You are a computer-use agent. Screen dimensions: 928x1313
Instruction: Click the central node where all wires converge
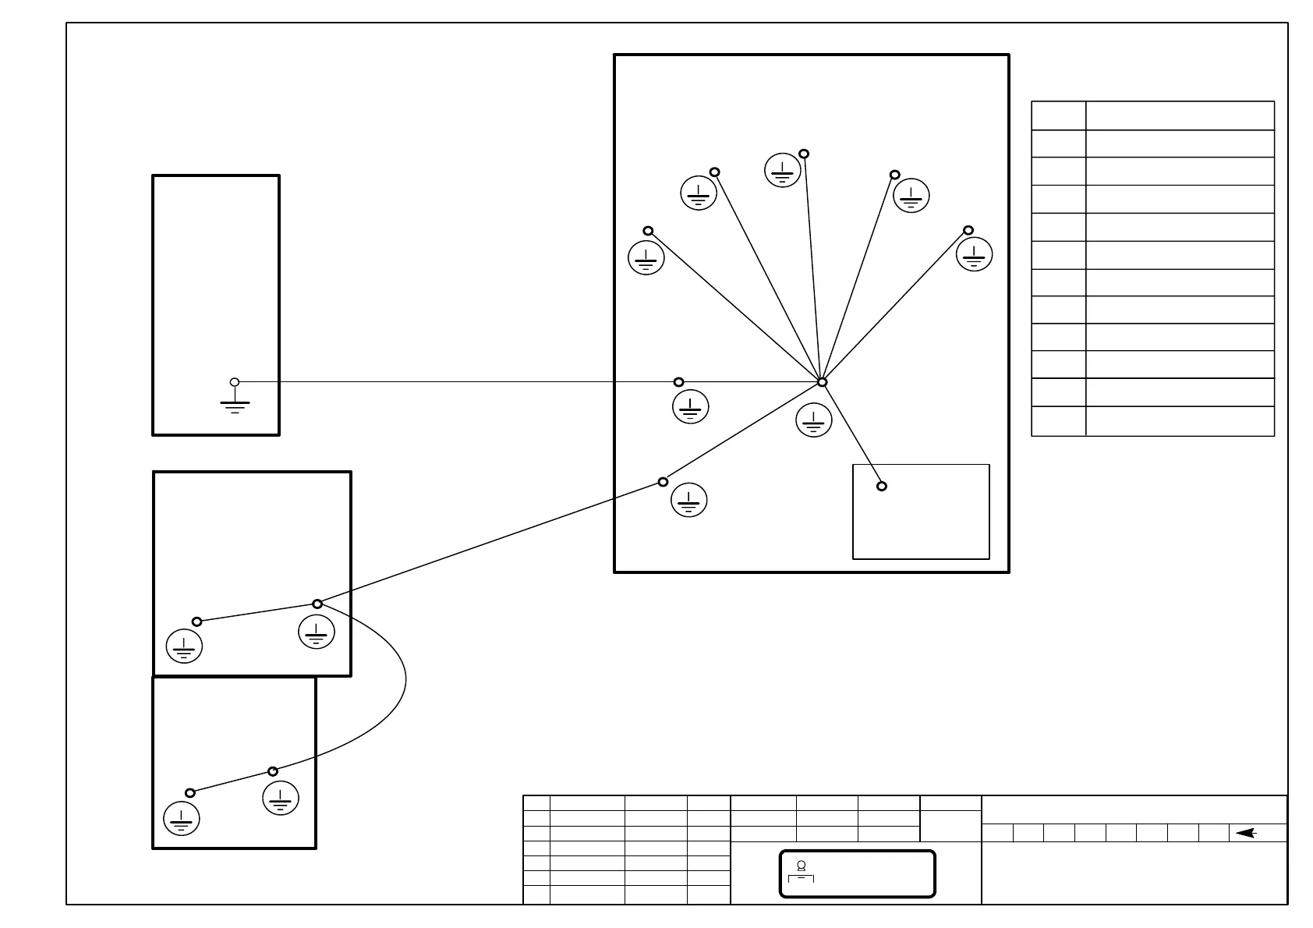(x=822, y=382)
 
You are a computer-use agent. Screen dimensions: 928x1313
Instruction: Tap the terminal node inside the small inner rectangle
(x=882, y=486)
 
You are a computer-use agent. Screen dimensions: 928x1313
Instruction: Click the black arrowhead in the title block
(x=1245, y=833)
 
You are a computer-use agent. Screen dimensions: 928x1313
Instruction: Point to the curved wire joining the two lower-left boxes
(x=405, y=686)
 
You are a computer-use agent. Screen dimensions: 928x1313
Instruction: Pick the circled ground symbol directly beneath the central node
(x=814, y=420)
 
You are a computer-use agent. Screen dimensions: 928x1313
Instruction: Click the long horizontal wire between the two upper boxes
(x=452, y=382)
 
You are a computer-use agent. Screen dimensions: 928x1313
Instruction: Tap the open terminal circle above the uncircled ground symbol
(x=235, y=382)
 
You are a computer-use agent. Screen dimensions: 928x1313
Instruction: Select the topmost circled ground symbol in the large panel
(x=782, y=170)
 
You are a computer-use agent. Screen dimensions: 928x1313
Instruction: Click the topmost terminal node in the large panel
(x=804, y=154)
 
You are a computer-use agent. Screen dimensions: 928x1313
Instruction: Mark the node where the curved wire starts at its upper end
(x=317, y=604)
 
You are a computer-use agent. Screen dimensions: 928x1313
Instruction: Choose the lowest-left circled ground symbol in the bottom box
(x=182, y=819)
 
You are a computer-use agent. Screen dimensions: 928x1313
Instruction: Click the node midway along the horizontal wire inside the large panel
(x=678, y=382)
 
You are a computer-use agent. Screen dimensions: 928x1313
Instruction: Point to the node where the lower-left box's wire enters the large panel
(x=663, y=482)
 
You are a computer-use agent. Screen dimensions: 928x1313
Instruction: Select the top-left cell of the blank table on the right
(x=1058, y=115)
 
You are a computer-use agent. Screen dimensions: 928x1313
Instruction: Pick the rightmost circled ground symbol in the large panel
(x=975, y=253)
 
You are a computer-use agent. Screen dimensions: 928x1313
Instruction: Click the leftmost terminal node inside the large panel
(x=648, y=231)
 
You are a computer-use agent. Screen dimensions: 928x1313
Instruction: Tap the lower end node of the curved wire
(x=273, y=771)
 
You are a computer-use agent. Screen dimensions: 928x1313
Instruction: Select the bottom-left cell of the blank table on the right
(x=1058, y=421)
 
